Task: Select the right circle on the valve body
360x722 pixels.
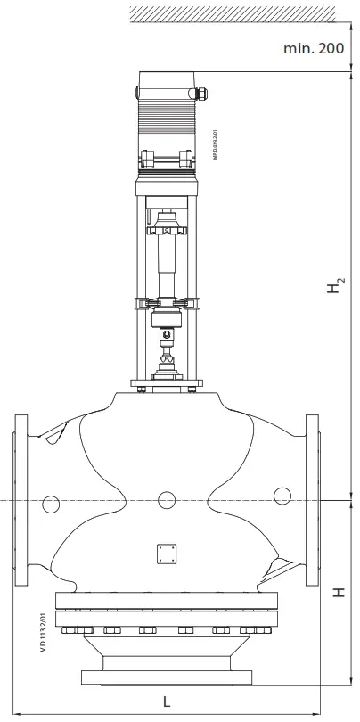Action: click(282, 496)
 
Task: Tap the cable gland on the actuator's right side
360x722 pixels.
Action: click(202, 91)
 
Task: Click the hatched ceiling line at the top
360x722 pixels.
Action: click(232, 12)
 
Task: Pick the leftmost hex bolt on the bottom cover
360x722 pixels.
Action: click(74, 632)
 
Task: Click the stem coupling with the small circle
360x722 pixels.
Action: click(167, 336)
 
